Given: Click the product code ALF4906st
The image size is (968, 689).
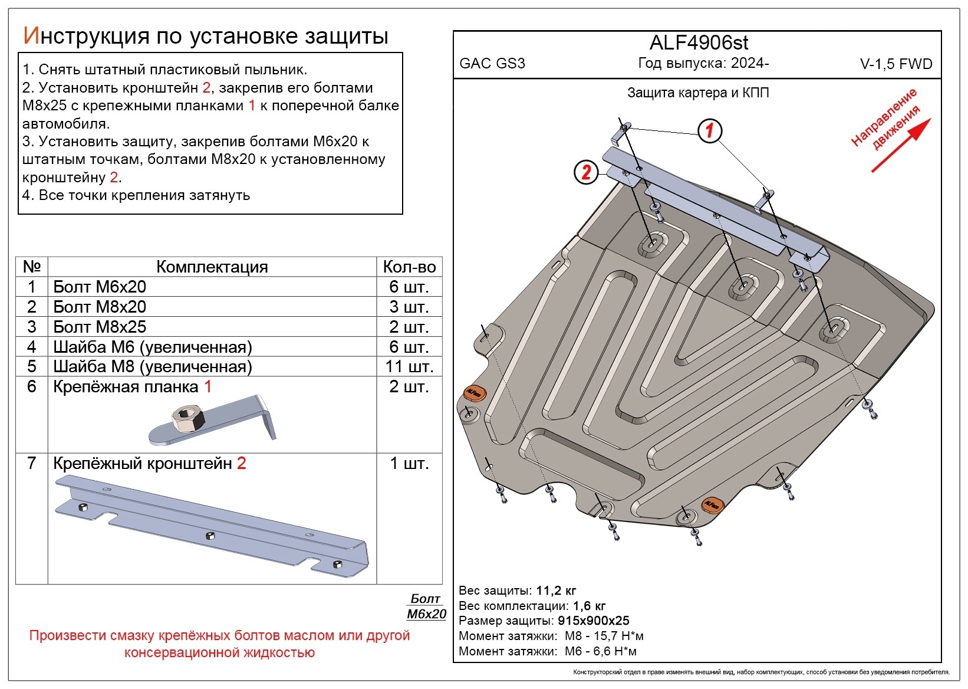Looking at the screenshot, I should (699, 43).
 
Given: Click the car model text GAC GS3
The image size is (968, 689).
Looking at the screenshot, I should (492, 64).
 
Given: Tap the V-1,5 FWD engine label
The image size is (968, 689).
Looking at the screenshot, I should (896, 65).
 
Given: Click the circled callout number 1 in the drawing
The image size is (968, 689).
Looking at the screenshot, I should (710, 130).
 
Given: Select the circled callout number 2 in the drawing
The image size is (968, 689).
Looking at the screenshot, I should (586, 172).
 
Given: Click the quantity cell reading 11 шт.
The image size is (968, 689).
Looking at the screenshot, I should (409, 366).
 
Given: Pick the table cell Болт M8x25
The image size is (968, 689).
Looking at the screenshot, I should (100, 327).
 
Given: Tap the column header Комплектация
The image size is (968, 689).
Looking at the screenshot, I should (212, 267).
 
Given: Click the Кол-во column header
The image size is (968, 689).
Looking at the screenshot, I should (409, 267).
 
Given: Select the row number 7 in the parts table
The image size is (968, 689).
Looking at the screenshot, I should (32, 464).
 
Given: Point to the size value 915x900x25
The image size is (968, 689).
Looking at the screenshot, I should (594, 621).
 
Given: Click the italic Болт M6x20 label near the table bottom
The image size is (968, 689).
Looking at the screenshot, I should (426, 606).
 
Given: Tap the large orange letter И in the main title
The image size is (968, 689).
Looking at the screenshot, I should (31, 36).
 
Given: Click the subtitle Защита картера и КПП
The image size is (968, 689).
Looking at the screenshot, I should (698, 93).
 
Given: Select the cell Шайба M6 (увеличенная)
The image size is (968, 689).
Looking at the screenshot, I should (152, 347).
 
